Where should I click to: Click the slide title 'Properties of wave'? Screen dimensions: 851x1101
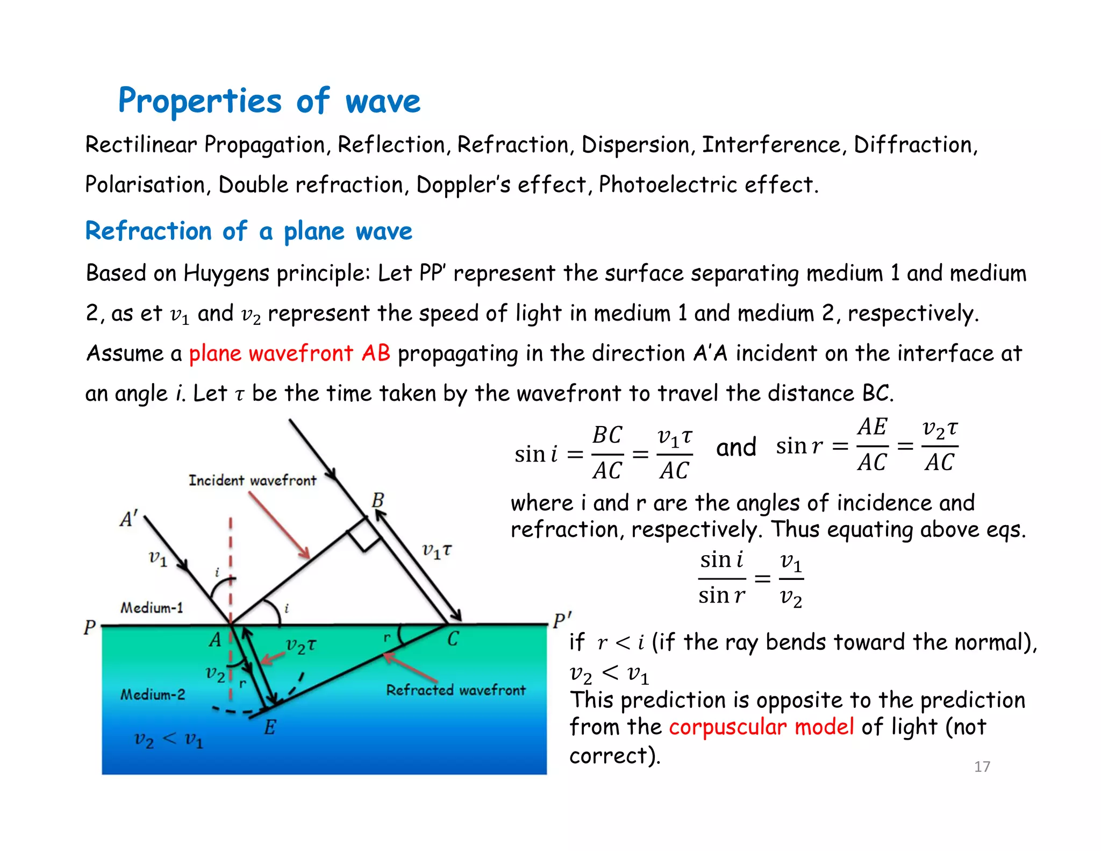point(269,101)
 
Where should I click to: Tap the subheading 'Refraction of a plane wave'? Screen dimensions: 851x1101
point(248,231)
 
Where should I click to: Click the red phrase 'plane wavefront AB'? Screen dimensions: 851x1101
point(289,353)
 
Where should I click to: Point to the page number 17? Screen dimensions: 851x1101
point(982,767)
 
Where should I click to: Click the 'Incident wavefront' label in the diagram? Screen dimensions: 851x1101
point(252,480)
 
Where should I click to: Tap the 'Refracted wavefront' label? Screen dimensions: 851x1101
point(455,690)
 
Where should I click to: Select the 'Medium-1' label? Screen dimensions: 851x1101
point(152,608)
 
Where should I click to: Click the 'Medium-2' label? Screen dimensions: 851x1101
point(152,694)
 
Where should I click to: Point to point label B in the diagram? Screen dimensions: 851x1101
point(378,500)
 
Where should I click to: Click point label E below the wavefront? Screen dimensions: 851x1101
point(270,728)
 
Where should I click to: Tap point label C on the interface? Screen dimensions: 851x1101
point(453,639)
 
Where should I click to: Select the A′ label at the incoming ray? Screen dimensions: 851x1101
point(128,519)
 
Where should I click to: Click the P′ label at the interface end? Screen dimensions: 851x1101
point(562,620)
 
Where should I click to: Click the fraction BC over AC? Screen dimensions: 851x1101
point(607,453)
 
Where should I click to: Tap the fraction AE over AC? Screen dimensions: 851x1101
point(872,445)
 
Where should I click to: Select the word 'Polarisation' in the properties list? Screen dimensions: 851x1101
point(145,185)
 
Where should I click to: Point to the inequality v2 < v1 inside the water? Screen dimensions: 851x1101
point(169,740)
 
